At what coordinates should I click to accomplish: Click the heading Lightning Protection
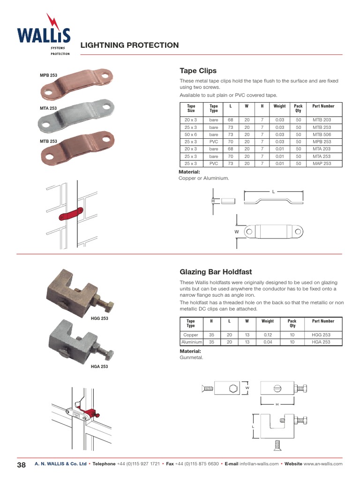129,45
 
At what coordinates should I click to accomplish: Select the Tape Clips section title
198,70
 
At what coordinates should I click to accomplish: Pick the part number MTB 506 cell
322,134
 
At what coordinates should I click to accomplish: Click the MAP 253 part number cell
322,164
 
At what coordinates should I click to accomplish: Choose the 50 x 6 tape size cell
190,134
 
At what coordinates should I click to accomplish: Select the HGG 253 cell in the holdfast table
321,335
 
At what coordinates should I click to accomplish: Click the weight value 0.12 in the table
268,335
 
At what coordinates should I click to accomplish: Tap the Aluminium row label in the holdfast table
191,342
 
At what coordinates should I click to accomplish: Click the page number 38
21,464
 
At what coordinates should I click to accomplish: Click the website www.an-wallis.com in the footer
323,464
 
